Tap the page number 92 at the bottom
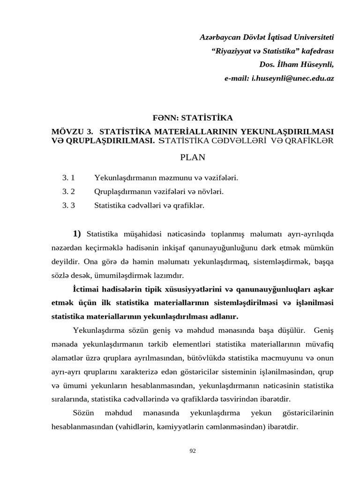193,451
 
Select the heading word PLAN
193,157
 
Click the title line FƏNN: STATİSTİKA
193,118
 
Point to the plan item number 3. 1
68,178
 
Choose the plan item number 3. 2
68,191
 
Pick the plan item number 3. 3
68,205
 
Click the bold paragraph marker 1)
77,234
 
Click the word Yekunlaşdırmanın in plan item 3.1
122,178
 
